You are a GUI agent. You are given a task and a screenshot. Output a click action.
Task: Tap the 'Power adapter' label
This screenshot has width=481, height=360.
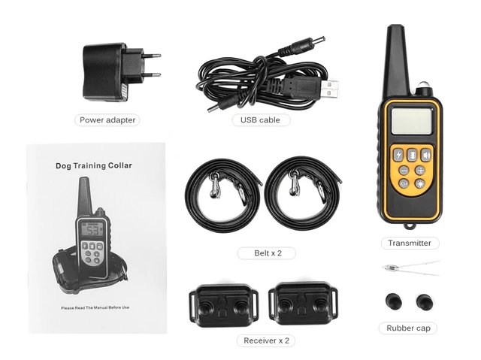tap(109, 119)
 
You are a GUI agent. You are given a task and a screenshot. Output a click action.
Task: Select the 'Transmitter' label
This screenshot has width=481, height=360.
tap(410, 243)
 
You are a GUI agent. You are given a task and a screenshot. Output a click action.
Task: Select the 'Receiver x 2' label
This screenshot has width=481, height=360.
tap(266, 340)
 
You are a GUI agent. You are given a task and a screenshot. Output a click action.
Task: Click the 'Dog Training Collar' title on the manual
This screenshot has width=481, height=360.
tap(94, 165)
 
